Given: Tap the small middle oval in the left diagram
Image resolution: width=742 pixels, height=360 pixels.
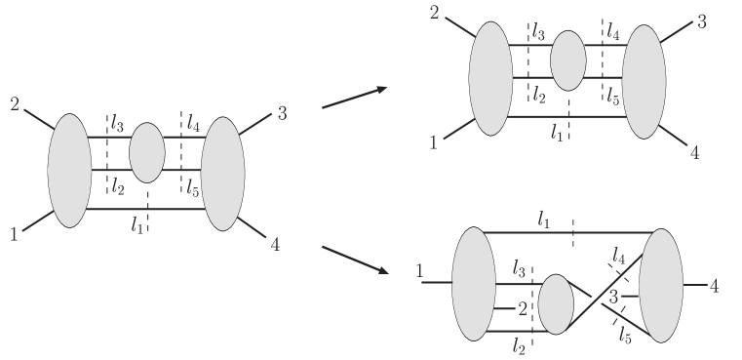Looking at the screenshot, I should pos(147,153).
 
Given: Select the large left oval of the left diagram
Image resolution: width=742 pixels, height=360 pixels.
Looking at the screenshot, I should pos(69,171).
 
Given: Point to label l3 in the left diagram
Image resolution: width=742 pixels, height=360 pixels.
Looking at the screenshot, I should pos(117,124).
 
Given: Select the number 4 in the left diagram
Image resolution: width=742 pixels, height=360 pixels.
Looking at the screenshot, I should pos(276,245).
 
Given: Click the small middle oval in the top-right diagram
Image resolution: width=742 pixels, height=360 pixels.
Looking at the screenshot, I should pos(567,60).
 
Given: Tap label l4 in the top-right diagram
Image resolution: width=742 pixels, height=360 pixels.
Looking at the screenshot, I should pos(612,32).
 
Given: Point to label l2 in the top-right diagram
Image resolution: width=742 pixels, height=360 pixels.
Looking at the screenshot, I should pos(538,95).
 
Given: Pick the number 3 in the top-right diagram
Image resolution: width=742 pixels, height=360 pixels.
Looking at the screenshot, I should pos(701,21).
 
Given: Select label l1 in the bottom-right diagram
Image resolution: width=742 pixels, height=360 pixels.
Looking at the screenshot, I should pos(545,220).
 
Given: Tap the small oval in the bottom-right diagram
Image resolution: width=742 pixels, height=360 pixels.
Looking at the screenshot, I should pos(556,304).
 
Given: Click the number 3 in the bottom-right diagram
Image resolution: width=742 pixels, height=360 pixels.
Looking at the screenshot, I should pos(613,297).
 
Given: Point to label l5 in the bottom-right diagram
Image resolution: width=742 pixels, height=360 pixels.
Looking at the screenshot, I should pos(624,334).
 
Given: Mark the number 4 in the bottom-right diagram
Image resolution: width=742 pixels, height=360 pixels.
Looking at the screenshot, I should pos(715,286).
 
